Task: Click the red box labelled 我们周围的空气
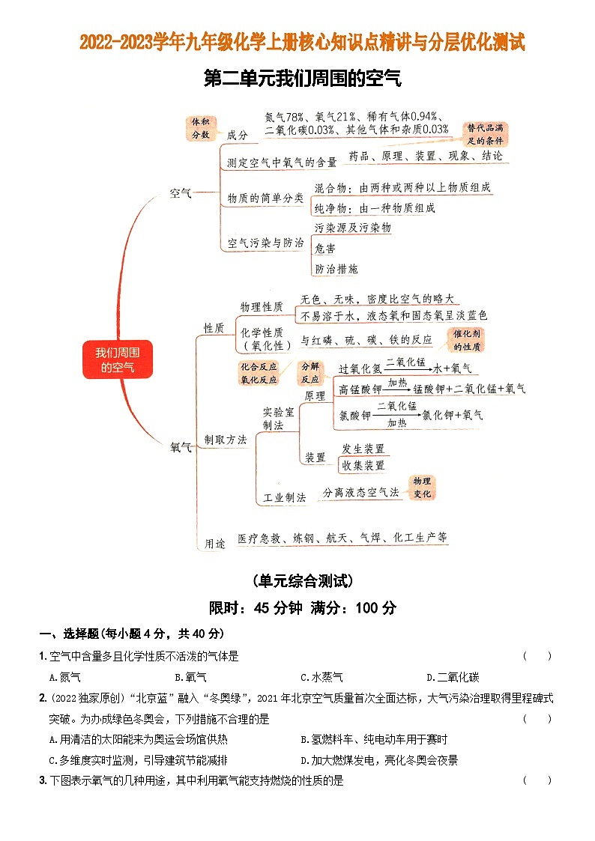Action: click(117, 359)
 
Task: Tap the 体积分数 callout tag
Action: click(200, 128)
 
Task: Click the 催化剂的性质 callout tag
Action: click(468, 340)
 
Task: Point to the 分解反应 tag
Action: click(310, 373)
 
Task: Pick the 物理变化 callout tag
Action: click(423, 488)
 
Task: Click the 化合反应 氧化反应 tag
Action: click(259, 373)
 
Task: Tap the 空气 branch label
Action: click(181, 193)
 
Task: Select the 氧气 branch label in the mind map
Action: click(181, 447)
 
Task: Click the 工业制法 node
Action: click(284, 497)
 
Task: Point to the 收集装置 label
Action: click(363, 465)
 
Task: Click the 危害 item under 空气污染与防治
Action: click(325, 248)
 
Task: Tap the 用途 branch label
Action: click(214, 544)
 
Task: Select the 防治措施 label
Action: click(336, 268)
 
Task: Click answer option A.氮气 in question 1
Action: click(64, 677)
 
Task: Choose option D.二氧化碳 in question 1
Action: click(452, 677)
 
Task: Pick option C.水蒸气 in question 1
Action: click(321, 677)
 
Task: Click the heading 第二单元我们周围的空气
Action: click(297, 79)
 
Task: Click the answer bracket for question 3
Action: click(537, 780)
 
